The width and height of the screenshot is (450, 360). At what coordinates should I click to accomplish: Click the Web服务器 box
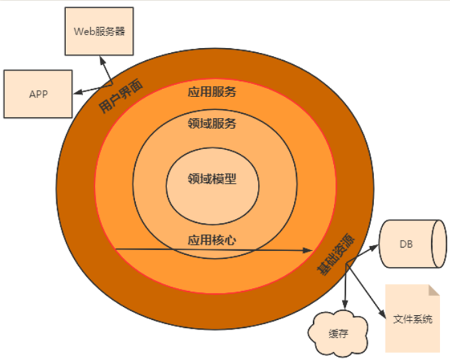tap(99, 31)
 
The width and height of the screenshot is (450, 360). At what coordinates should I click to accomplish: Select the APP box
tap(38, 93)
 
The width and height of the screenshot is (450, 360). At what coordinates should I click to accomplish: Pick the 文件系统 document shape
tap(413, 319)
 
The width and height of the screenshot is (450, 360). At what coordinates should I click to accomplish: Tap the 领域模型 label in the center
tap(212, 179)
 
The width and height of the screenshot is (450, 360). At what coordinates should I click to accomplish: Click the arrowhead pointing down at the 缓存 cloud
tap(344, 307)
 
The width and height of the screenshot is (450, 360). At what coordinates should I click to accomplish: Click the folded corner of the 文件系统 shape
tap(433, 290)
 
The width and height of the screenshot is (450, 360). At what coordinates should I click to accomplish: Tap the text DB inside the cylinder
tap(406, 244)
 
